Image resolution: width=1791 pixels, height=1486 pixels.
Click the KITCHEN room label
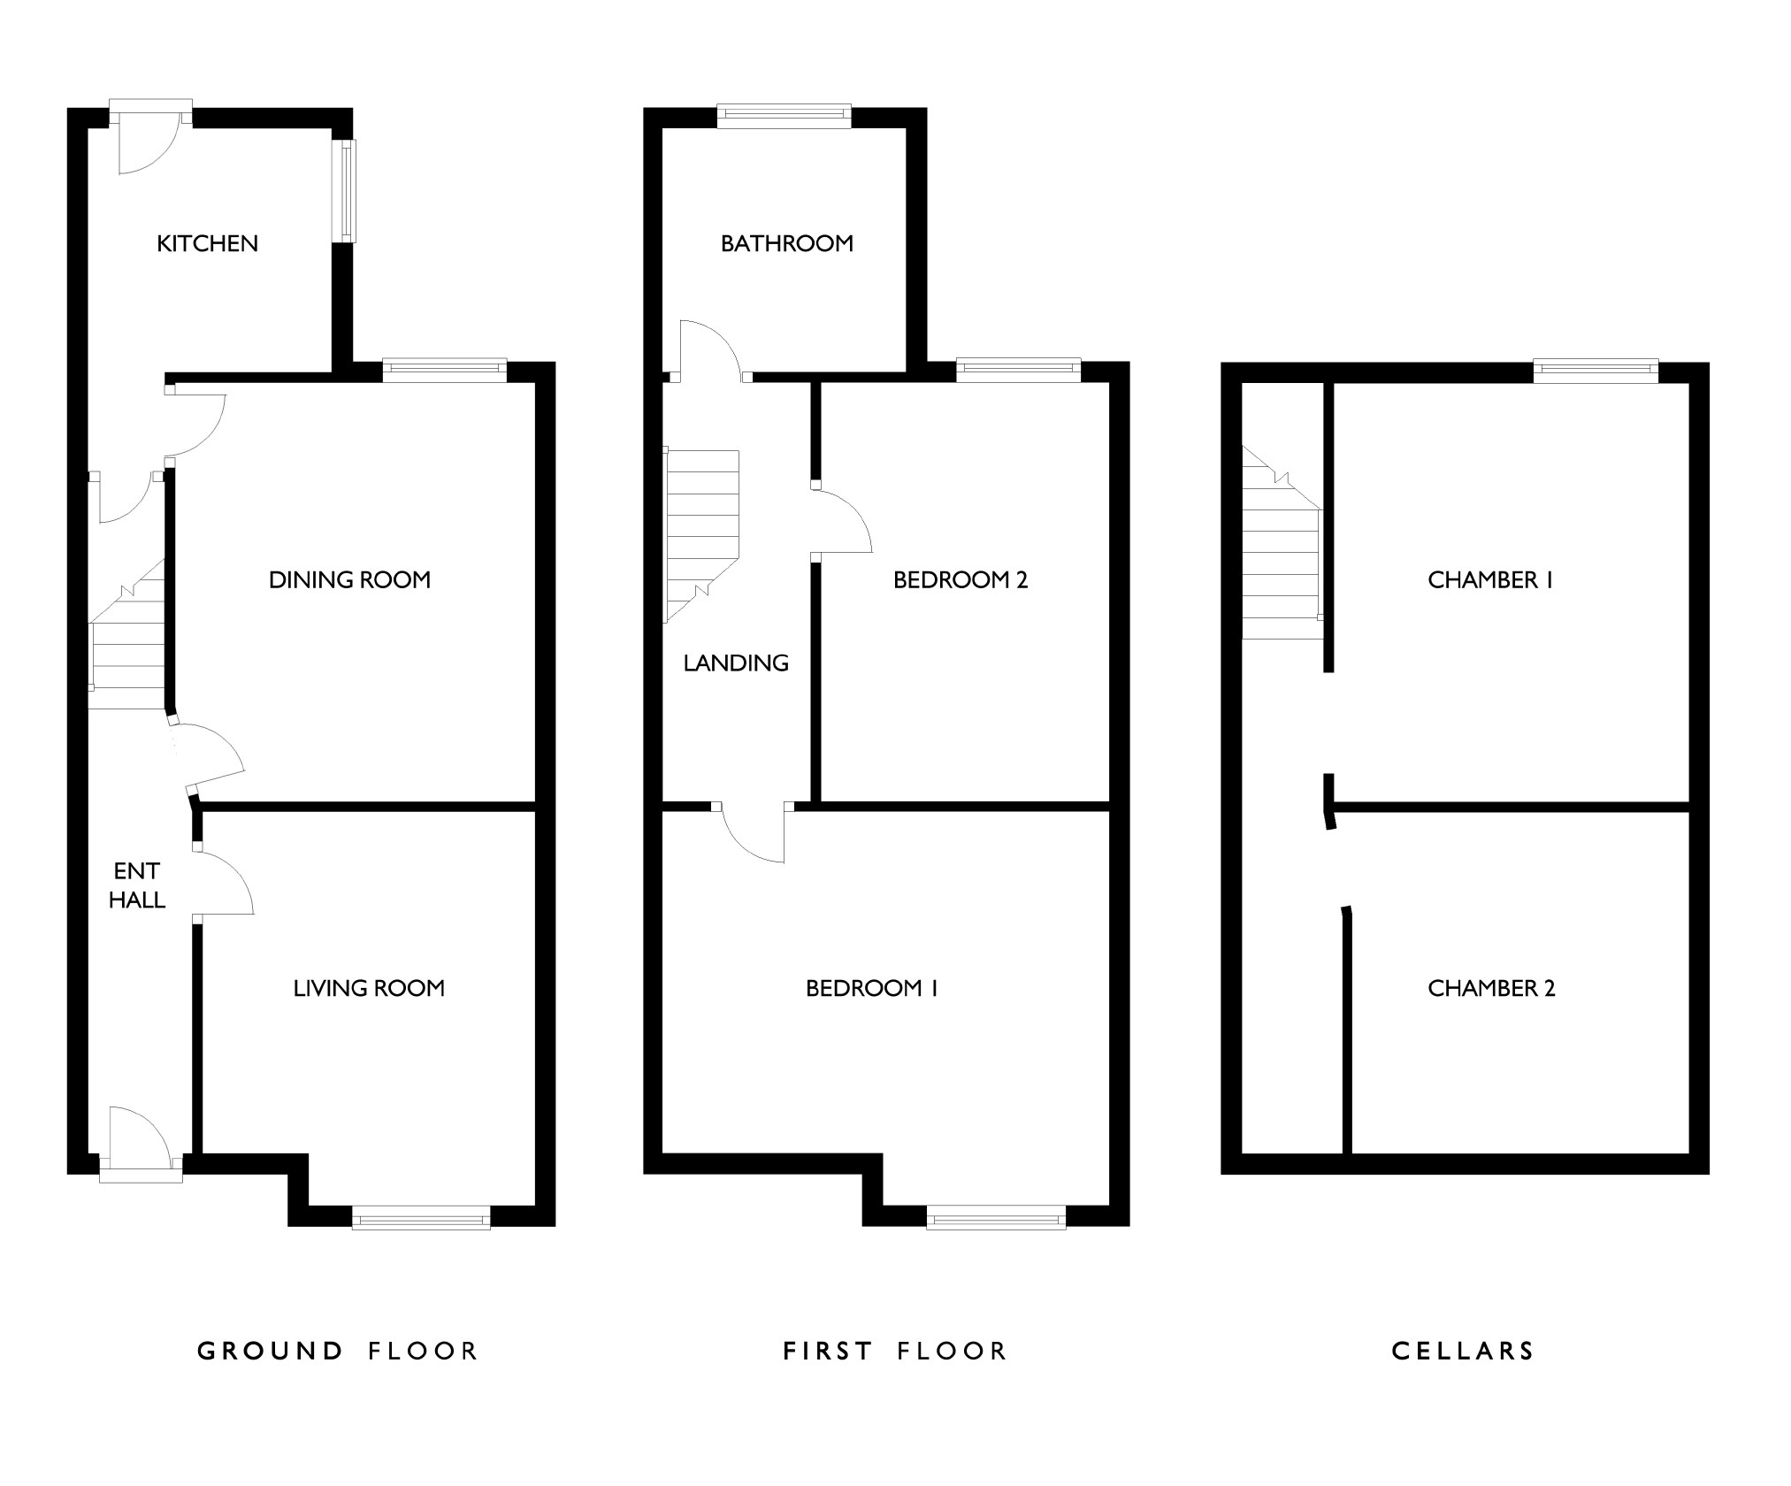[x=207, y=243]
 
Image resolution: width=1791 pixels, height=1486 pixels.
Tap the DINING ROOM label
[x=349, y=580]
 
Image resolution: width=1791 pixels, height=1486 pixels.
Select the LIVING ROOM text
[x=369, y=988]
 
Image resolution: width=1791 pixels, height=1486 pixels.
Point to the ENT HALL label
[x=137, y=885]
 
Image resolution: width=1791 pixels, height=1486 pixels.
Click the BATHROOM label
[x=786, y=243]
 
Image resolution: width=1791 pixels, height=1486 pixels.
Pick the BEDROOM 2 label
[x=960, y=580]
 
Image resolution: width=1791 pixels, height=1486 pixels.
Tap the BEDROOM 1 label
[x=871, y=988]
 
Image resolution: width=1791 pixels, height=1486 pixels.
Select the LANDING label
[x=736, y=663]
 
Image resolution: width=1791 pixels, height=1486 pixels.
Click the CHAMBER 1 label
[x=1490, y=580]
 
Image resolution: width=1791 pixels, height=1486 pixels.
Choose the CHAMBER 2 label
[x=1491, y=988]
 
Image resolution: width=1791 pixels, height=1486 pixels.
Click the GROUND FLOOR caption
[x=337, y=1351]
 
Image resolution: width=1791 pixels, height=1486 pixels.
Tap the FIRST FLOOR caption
[x=895, y=1351]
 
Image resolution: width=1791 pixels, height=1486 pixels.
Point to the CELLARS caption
[x=1463, y=1351]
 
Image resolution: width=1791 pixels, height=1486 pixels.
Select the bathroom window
[x=784, y=115]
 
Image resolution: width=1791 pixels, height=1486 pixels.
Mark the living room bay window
[x=421, y=1217]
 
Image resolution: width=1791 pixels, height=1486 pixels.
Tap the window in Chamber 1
[x=1596, y=370]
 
